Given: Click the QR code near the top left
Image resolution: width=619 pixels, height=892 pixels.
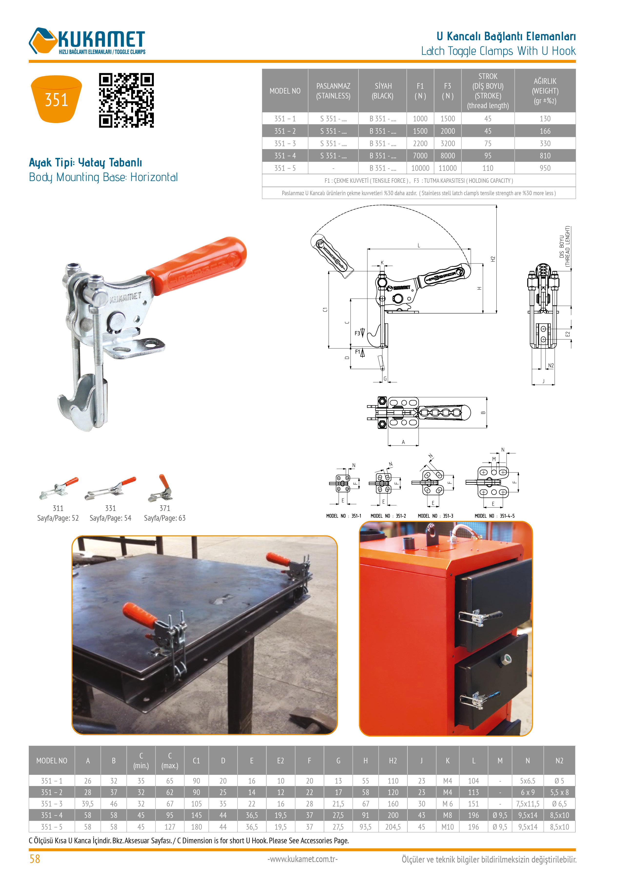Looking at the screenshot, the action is pos(127,100).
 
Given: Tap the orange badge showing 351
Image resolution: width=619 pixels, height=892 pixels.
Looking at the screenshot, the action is pos(56,99).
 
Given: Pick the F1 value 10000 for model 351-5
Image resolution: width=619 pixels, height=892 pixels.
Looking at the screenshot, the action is pos(420,168).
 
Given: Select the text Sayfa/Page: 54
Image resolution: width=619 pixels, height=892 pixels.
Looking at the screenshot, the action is pos(110,518).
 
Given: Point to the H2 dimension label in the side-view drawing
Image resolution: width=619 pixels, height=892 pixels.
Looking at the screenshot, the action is pos(493,259).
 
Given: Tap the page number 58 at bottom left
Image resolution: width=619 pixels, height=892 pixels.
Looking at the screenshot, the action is pos(35,859).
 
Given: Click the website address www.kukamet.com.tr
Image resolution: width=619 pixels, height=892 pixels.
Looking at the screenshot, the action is pos(303,859).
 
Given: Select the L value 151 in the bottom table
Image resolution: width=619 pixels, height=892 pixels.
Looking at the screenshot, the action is pos(473,804).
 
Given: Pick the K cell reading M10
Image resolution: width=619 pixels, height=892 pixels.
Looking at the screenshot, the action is pos(448,827).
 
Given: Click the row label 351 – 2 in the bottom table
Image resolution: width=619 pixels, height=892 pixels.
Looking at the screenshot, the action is pos(52,792).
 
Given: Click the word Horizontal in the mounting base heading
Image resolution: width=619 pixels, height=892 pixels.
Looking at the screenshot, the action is pos(154,177).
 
